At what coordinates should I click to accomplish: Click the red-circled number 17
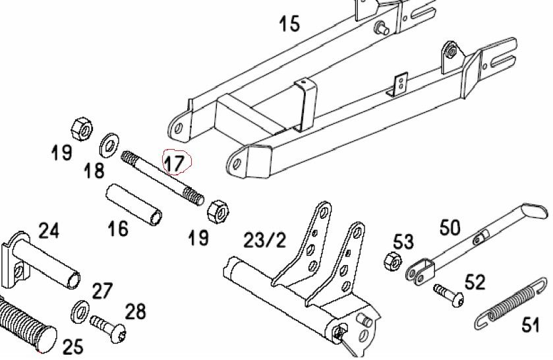(x=175, y=164)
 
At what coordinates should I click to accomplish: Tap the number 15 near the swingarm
(x=289, y=24)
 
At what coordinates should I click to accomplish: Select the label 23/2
(x=264, y=241)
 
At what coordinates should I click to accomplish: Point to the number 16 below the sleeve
(x=118, y=228)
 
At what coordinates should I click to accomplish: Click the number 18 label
(x=94, y=171)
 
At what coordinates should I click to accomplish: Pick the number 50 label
(x=450, y=227)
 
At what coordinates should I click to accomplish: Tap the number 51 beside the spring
(x=531, y=324)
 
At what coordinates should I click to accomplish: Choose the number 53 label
(x=403, y=242)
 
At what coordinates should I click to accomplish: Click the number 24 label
(x=49, y=231)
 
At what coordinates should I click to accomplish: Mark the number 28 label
(x=135, y=312)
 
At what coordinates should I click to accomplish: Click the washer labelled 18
(x=109, y=146)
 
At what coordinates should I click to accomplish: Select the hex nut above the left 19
(x=82, y=129)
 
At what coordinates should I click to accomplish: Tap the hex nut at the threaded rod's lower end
(x=218, y=212)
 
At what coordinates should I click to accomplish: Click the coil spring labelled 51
(x=510, y=303)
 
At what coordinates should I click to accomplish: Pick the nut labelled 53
(x=393, y=262)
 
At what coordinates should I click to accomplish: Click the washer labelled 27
(x=80, y=312)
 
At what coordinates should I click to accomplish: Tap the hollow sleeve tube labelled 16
(x=134, y=204)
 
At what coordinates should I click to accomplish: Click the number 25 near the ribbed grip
(x=73, y=347)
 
